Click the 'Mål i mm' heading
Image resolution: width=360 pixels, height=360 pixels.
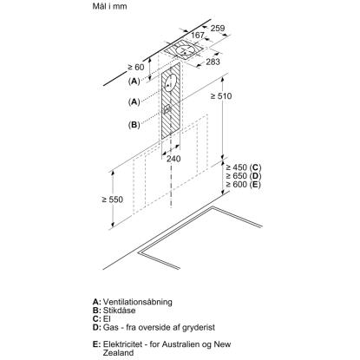coord(109,6)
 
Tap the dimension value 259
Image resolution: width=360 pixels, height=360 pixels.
coord(218,28)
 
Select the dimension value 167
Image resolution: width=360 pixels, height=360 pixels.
coord(198,36)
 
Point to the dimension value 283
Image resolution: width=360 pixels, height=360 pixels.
coord(213,62)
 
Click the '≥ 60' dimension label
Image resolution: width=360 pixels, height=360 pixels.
coord(136,67)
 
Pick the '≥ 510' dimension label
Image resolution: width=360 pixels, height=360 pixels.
coord(221,96)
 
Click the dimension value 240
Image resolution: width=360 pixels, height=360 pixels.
coord(173,159)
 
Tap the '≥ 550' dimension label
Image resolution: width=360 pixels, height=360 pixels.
coord(112,200)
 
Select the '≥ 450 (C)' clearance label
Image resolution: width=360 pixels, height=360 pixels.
coord(244,167)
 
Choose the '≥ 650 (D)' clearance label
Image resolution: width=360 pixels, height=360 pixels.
coord(244,176)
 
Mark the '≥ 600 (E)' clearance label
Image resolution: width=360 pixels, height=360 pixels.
coord(243,184)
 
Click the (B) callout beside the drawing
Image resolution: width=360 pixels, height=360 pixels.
coord(134,125)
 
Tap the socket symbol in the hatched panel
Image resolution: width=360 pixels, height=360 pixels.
coord(167,109)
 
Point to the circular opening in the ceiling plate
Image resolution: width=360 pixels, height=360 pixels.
coord(185,51)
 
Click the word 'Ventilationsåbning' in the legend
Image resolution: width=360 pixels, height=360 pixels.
coord(138,302)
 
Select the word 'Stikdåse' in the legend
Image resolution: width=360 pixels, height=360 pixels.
coord(119,311)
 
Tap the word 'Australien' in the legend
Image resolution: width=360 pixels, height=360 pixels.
coord(180,344)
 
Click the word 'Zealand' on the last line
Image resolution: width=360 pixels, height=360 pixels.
coord(118,353)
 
